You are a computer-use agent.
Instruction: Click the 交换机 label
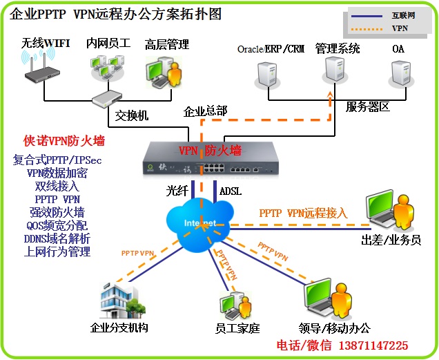tap(132, 115)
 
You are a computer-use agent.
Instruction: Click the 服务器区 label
tap(369, 106)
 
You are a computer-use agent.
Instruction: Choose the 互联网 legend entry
tap(404, 15)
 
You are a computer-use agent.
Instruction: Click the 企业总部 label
tap(206, 111)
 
